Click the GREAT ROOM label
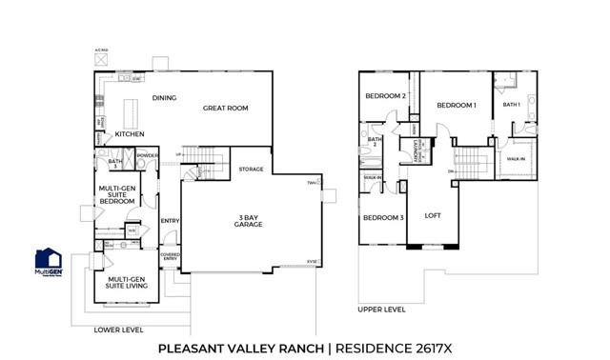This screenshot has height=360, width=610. point(225,109)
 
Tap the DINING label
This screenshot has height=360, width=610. point(166,98)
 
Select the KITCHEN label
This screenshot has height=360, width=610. point(130,134)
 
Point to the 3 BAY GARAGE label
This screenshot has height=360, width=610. point(250,222)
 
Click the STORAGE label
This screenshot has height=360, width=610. point(251,169)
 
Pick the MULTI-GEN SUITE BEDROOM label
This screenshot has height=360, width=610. point(118,194)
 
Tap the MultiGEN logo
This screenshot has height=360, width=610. point(49,263)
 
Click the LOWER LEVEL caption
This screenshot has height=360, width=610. point(119,330)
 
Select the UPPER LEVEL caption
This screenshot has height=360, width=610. point(382,310)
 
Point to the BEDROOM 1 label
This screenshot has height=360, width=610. point(457,106)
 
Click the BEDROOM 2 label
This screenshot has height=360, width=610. point(384,96)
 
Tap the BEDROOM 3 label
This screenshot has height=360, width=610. point(382,218)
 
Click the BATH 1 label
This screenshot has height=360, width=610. point(512,105)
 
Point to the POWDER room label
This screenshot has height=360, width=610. point(148,154)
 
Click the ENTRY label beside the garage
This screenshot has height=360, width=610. point(170,222)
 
